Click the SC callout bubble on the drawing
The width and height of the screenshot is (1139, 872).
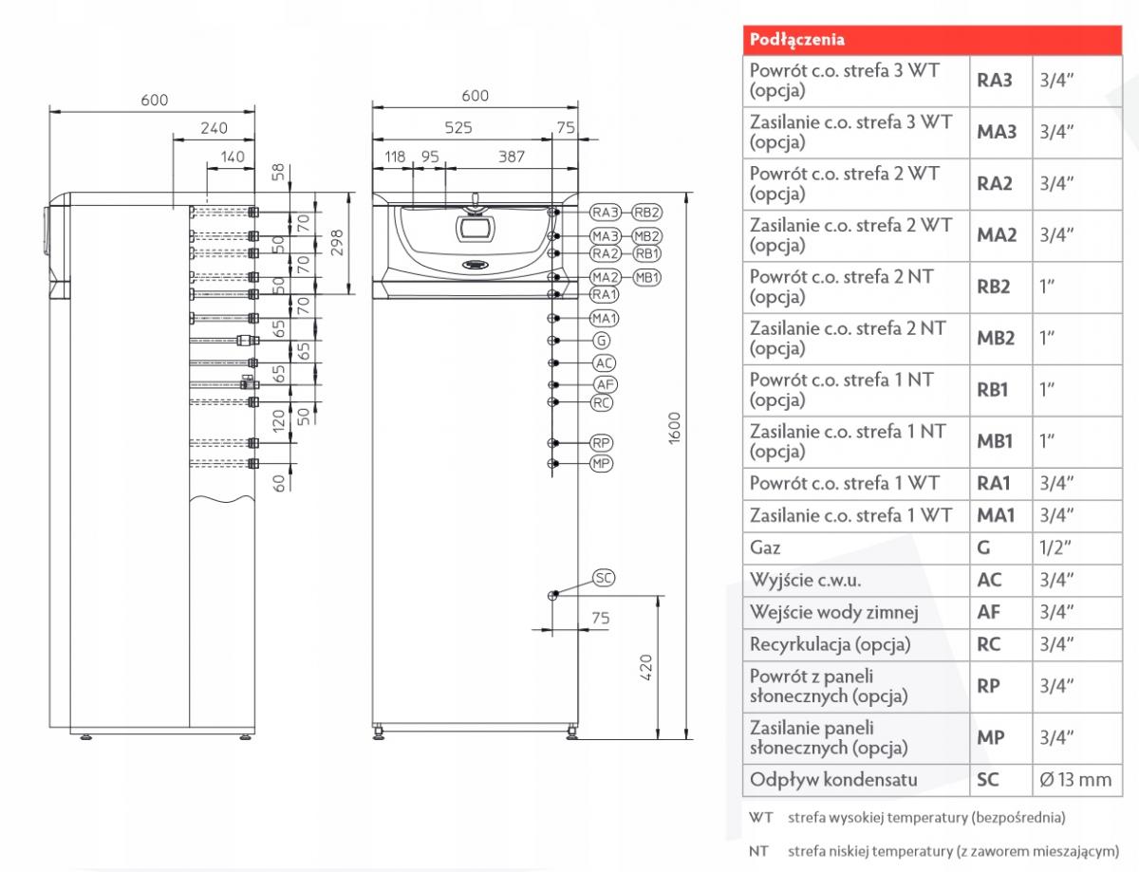point(604,577)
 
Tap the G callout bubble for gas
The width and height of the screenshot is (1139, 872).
point(602,340)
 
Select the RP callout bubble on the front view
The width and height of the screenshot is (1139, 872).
point(602,443)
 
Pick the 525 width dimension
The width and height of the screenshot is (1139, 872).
point(457,127)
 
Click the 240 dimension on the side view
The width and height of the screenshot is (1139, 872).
point(214,127)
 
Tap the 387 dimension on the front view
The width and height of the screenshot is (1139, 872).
point(512,158)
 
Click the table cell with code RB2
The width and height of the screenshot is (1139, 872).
point(994,286)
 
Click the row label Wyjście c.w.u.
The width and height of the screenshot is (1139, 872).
point(807,580)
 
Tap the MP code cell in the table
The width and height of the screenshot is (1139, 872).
point(988,737)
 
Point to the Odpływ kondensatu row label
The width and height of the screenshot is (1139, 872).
point(821,780)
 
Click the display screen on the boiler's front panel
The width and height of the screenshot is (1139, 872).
point(471,228)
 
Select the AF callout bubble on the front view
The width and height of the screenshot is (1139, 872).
point(605,384)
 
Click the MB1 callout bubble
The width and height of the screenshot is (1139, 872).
point(646,277)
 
